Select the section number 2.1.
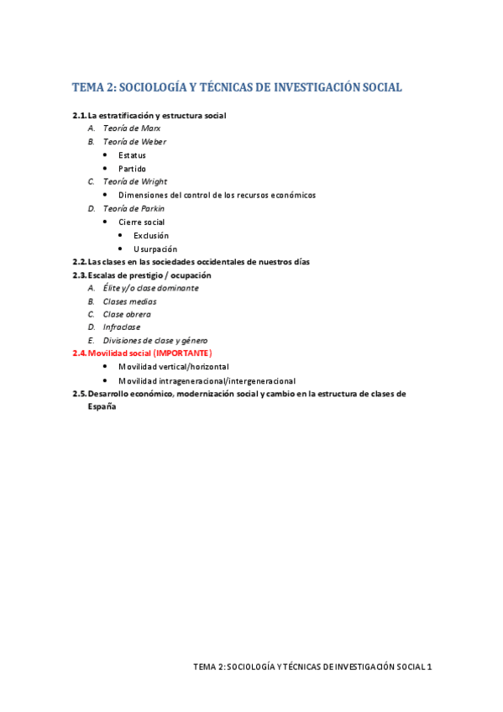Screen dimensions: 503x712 (x=80, y=115)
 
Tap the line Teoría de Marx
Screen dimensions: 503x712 (x=132, y=128)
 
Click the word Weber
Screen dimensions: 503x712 (x=151, y=142)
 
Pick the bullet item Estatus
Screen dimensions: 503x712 (x=132, y=155)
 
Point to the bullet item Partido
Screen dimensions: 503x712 (x=132, y=169)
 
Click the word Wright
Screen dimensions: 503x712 (x=152, y=181)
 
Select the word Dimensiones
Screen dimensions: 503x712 (x=146, y=195)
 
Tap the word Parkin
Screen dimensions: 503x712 (x=151, y=208)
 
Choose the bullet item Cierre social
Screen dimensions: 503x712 (x=141, y=222)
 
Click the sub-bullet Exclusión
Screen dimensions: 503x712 (x=151, y=235)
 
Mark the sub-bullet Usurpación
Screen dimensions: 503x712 (x=155, y=249)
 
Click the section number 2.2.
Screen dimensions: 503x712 (x=80, y=262)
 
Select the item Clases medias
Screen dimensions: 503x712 (x=129, y=301)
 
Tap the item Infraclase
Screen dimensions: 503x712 (x=122, y=327)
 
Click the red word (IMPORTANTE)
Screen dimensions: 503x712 (x=182, y=353)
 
